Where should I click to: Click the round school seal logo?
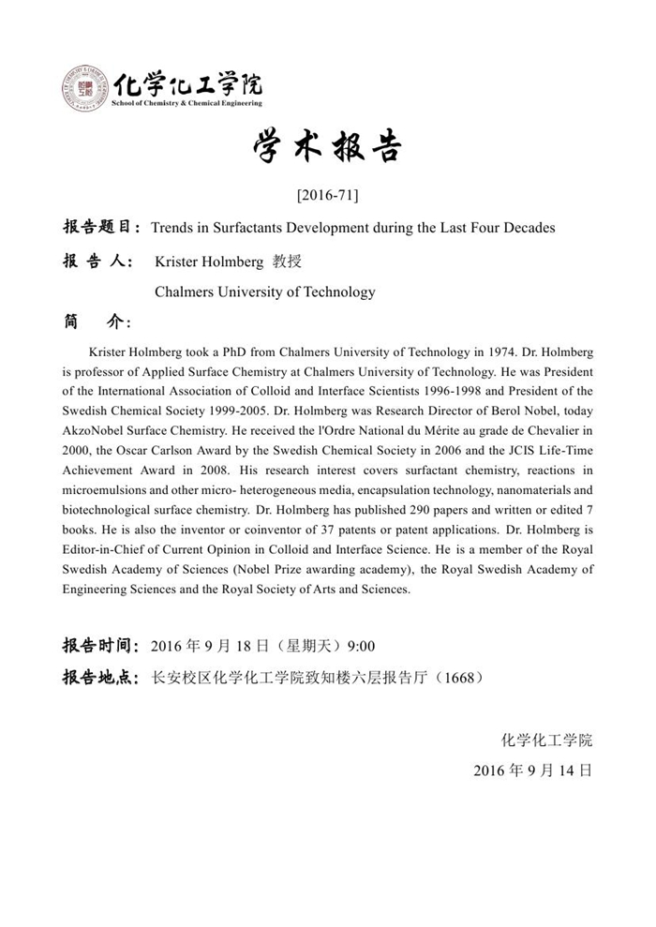click(85, 89)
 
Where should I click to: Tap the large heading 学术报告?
click(327, 147)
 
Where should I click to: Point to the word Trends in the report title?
click(171, 228)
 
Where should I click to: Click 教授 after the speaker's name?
click(286, 262)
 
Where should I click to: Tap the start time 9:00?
click(361, 646)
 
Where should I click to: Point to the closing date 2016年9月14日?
click(532, 770)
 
